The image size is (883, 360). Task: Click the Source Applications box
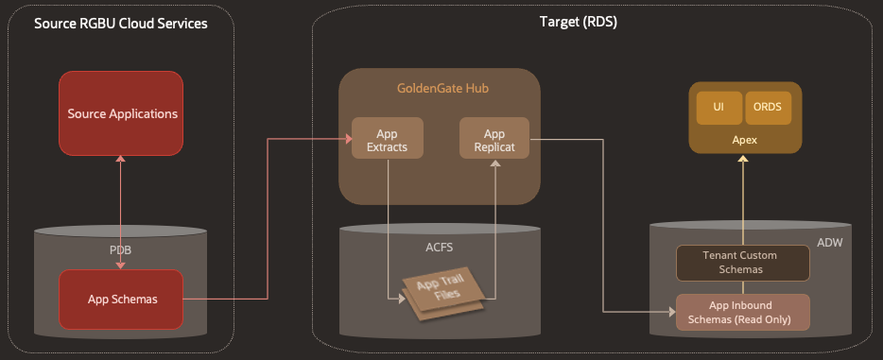pos(121,113)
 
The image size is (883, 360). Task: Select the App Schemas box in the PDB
pos(121,300)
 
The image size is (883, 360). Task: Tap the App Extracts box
pos(387,139)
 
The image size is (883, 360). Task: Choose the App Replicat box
pos(493,139)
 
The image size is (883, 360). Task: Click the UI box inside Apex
pos(719,108)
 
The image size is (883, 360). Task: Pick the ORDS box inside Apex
pos(766,108)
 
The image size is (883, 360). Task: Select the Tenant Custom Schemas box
pos(742,264)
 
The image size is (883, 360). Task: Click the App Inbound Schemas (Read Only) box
pos(742,313)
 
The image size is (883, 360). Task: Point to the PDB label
pos(121,249)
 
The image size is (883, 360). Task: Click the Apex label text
pos(742,140)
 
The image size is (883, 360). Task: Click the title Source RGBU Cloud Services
pos(120,23)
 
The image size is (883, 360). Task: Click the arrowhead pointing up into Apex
pos(742,160)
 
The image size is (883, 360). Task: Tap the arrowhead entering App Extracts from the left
pos(346,139)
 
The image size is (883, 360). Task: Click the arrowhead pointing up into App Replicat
pos(493,163)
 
